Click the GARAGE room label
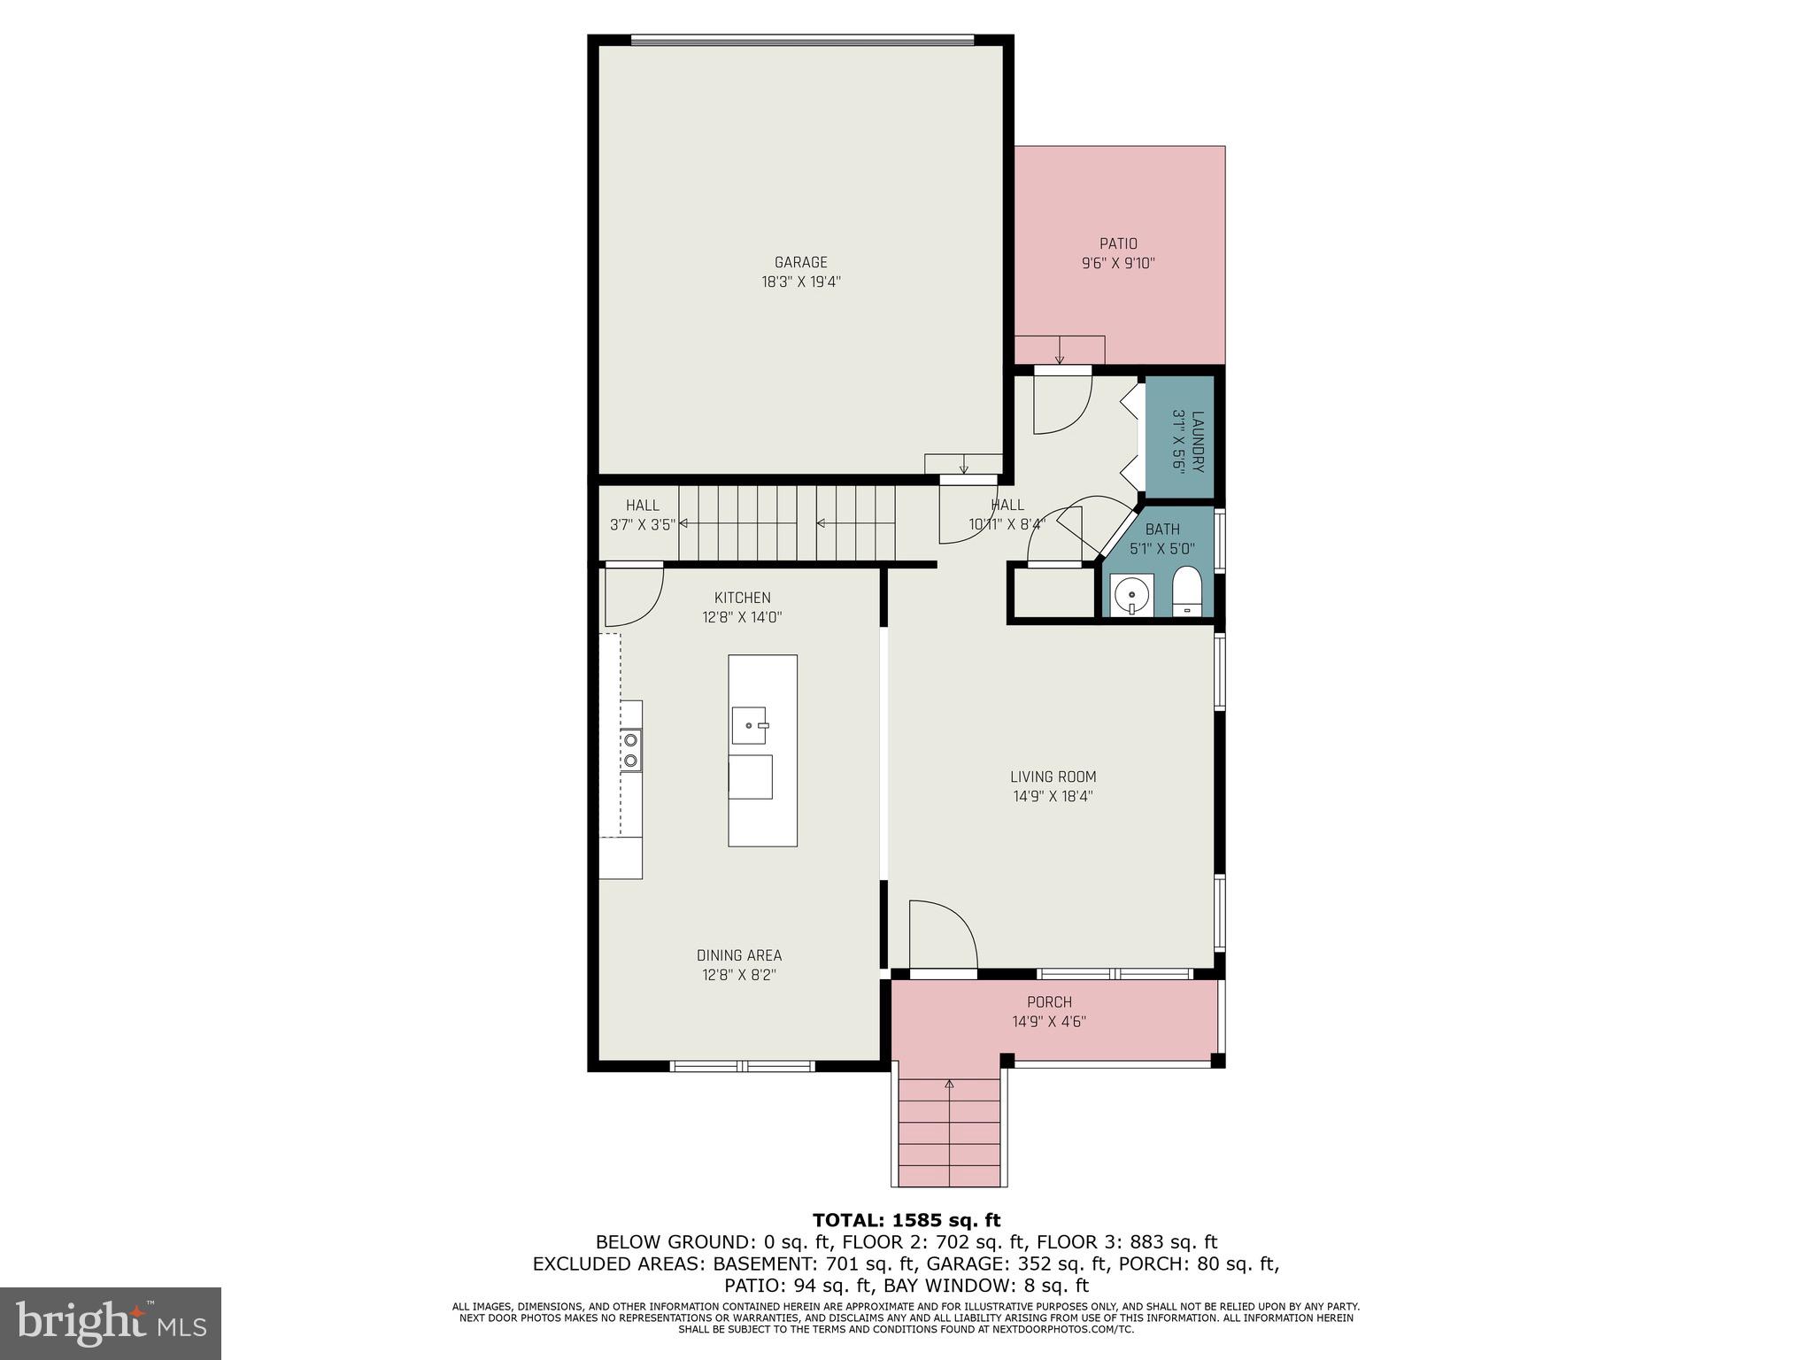click(800, 262)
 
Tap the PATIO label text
click(1118, 243)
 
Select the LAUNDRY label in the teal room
click(1198, 441)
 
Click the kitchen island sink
click(749, 725)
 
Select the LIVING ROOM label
click(1053, 777)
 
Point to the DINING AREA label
click(738, 955)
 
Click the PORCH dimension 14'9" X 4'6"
click(1049, 1021)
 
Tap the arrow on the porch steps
click(949, 1084)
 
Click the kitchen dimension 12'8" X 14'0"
click(742, 617)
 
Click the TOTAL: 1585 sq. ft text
click(906, 1220)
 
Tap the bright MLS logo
click(111, 1324)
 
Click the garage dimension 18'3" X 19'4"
click(800, 282)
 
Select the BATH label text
click(1161, 529)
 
